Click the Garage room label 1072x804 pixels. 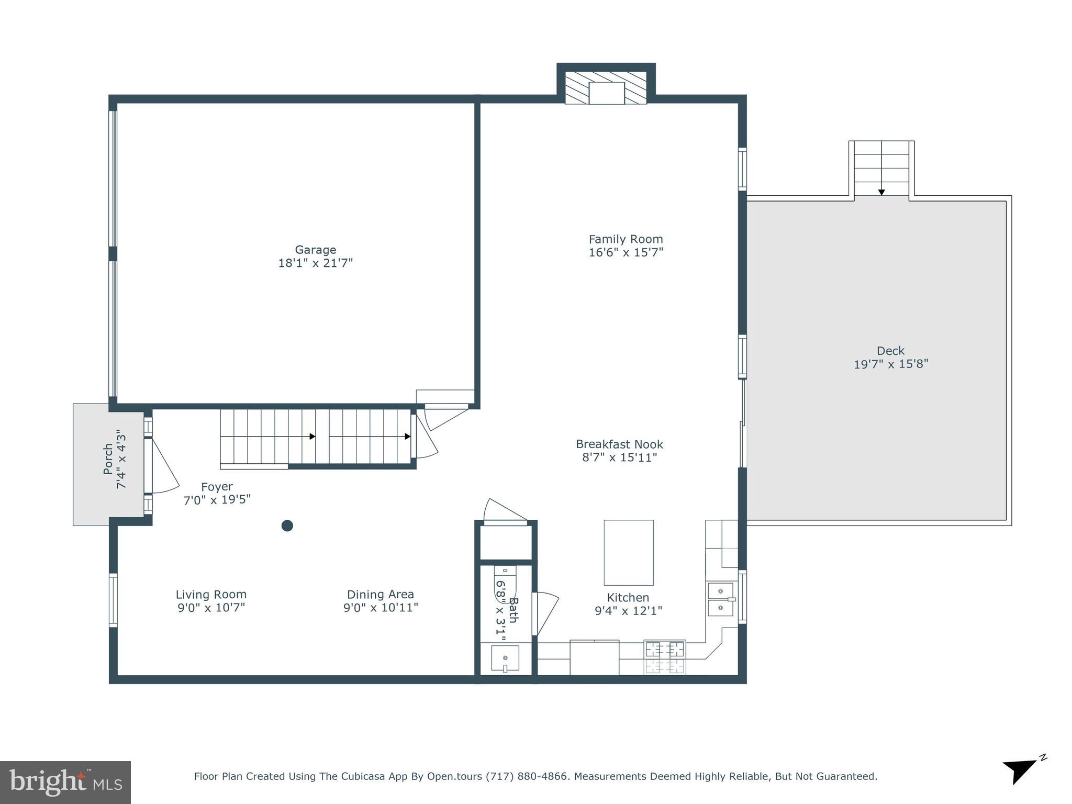315,250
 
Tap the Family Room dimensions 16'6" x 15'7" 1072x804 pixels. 626,252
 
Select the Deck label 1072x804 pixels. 890,351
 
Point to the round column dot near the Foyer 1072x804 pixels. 287,526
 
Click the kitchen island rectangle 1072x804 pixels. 628,552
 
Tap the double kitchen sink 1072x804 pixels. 720,599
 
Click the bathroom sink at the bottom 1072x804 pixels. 505,658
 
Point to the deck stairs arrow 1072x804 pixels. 881,191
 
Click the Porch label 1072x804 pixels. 108,459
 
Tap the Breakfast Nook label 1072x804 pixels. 619,444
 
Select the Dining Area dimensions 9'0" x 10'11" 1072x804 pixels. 381,608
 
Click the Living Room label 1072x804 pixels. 211,595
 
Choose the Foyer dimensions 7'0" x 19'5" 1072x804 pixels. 217,500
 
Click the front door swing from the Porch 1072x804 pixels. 163,471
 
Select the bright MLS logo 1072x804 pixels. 65,782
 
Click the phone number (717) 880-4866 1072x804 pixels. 527,776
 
